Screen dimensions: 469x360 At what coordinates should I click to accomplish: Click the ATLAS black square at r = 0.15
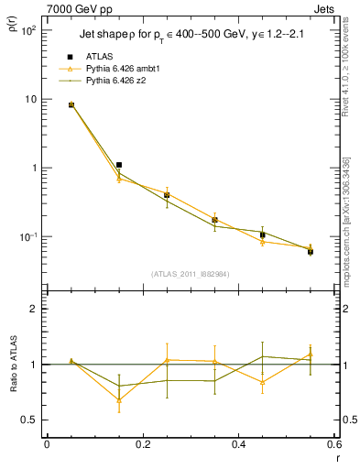119,165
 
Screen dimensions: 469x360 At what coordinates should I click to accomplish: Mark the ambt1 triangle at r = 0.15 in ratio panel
119,399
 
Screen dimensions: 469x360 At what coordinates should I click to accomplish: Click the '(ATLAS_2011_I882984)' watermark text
191,273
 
